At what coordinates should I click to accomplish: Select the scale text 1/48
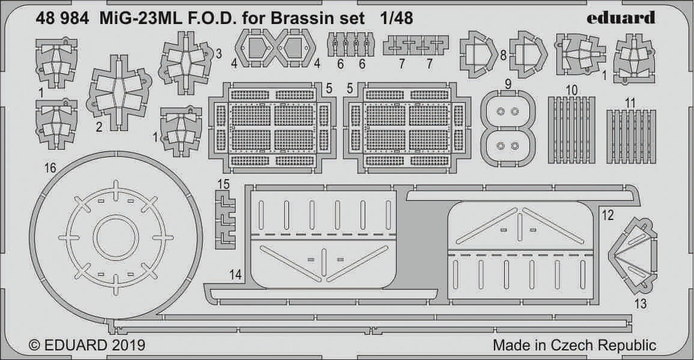[x=397, y=17]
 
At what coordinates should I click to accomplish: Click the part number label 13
[x=640, y=304]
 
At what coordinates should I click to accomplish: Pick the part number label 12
[x=607, y=215]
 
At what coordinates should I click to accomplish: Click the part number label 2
[x=98, y=126]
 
